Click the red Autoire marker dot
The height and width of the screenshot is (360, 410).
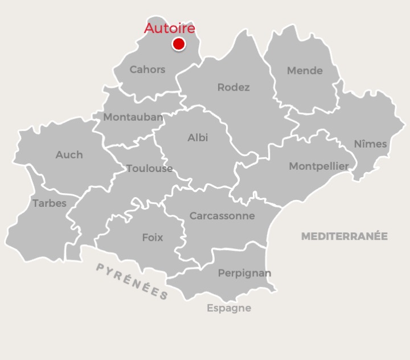[x=179, y=44]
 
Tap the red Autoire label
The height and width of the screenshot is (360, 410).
[x=170, y=28]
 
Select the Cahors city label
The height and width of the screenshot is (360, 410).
[x=147, y=69]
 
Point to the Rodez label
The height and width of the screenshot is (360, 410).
[x=233, y=87]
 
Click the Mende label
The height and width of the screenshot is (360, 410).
[x=305, y=71]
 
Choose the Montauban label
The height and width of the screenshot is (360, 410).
[x=133, y=117]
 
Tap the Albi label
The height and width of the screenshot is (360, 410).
[x=198, y=138]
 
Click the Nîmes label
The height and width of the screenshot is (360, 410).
[x=370, y=144]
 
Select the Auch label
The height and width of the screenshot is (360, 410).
[x=69, y=154]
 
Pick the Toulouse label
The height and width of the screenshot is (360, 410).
[x=149, y=169]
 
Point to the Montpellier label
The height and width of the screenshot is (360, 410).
[x=319, y=166]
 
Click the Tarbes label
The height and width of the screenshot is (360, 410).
[x=50, y=203]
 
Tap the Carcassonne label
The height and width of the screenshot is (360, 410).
[x=222, y=216]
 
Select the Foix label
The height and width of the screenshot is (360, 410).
[x=153, y=238]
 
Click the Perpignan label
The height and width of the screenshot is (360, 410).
[x=244, y=273]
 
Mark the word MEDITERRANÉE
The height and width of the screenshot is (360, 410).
[x=344, y=236]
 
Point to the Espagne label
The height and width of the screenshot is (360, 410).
[x=228, y=308]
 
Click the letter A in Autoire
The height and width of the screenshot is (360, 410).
[x=150, y=28]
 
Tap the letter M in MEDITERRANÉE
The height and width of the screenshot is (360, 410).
[x=305, y=236]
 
